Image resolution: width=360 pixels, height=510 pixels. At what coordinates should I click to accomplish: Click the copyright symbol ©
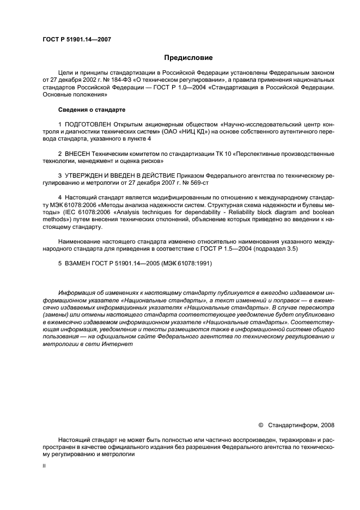260,424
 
